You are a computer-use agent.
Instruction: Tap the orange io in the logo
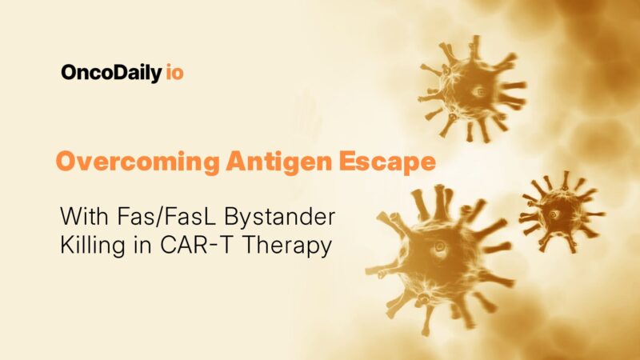click(174, 73)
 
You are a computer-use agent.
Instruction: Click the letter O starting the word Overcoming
click(66, 162)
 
